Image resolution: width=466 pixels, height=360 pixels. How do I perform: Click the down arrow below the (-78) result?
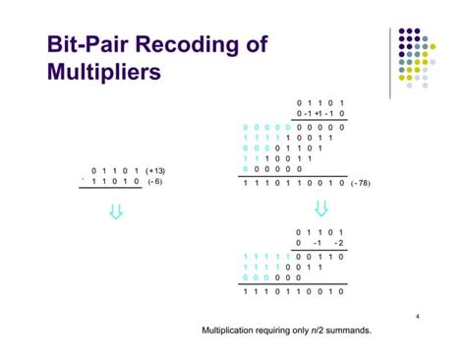320,209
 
